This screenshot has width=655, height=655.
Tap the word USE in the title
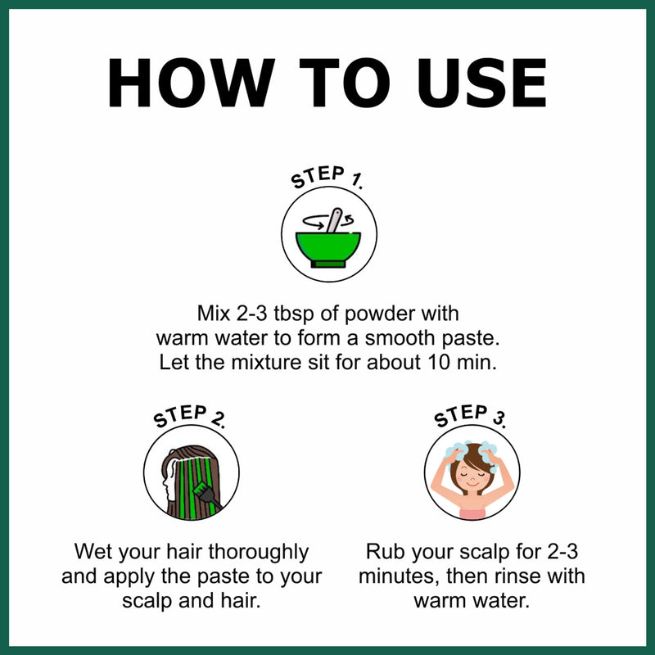pos(481,83)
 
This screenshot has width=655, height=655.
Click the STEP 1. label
pos(327,177)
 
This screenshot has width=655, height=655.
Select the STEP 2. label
pos(190,416)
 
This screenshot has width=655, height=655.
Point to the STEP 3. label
pos(470,416)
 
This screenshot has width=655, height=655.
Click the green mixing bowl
pos(328,250)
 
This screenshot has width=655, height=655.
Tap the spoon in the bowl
pos(334,220)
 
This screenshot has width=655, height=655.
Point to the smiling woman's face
pos(472,477)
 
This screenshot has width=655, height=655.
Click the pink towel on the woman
pos(472,513)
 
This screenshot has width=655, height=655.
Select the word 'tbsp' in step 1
pos(293,314)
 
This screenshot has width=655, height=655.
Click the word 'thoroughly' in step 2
pos(258,553)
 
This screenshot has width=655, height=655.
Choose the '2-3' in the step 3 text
pos(562,551)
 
